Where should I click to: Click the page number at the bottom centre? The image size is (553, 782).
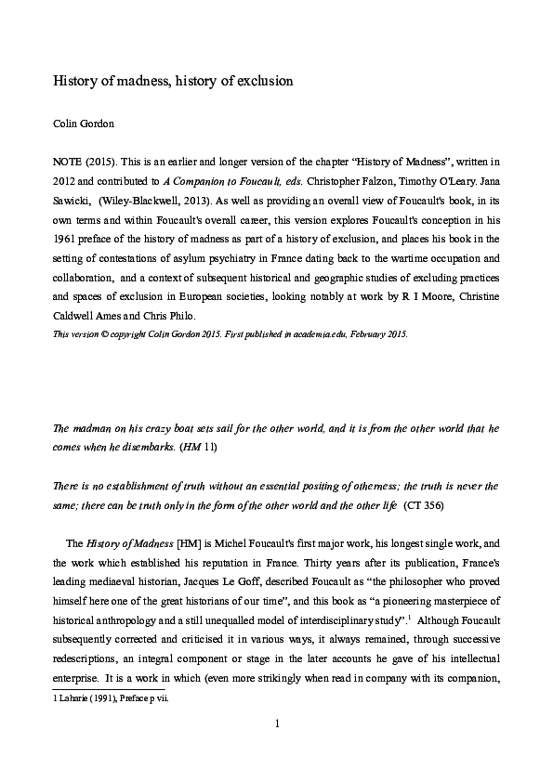click(277, 749)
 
